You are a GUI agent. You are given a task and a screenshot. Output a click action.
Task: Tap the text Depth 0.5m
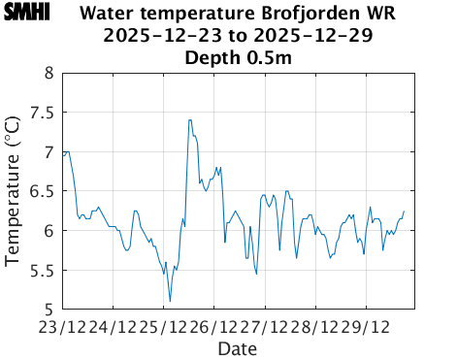[x=238, y=57]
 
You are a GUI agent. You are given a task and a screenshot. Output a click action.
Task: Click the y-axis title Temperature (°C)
[x=13, y=190]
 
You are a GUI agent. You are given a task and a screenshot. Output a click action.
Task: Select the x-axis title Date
[x=238, y=346]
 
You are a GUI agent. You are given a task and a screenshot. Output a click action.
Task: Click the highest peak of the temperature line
[x=190, y=120]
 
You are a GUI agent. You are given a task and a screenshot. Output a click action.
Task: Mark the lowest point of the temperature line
[x=170, y=302]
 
